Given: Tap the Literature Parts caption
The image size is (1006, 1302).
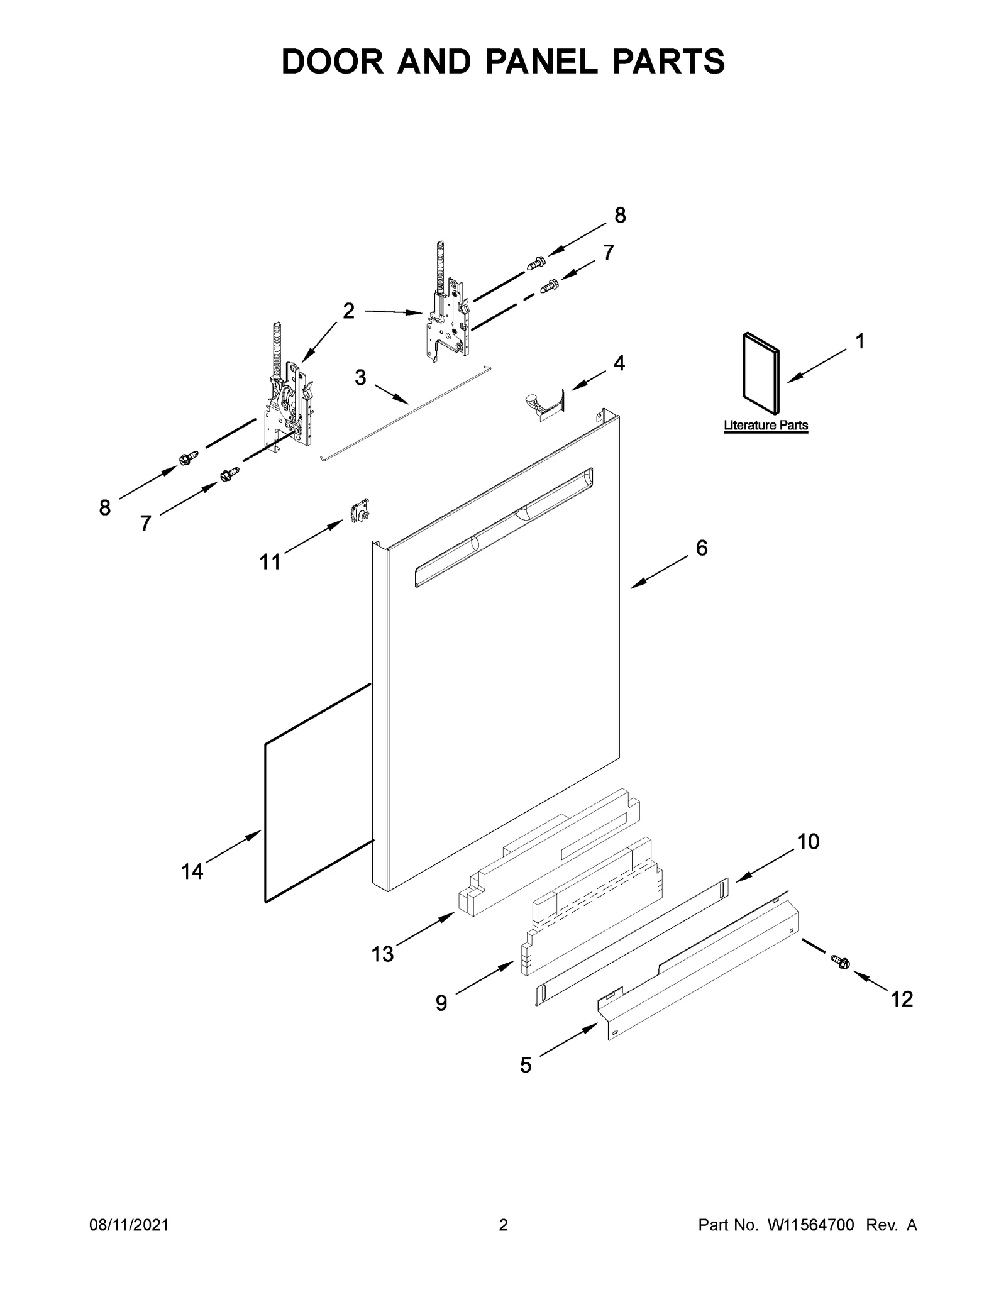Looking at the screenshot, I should [x=765, y=426].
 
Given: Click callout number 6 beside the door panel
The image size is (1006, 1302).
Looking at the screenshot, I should [x=702, y=548].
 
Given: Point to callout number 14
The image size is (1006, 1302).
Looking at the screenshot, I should [x=192, y=871].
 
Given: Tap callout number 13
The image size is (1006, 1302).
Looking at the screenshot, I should [x=382, y=954].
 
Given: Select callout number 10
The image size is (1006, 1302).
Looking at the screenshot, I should [x=809, y=841].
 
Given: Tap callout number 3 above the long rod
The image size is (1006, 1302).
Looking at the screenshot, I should [x=360, y=378].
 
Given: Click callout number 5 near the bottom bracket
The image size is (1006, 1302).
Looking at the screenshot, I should [x=526, y=1064].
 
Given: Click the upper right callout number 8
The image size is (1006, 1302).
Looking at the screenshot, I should [x=620, y=216].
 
